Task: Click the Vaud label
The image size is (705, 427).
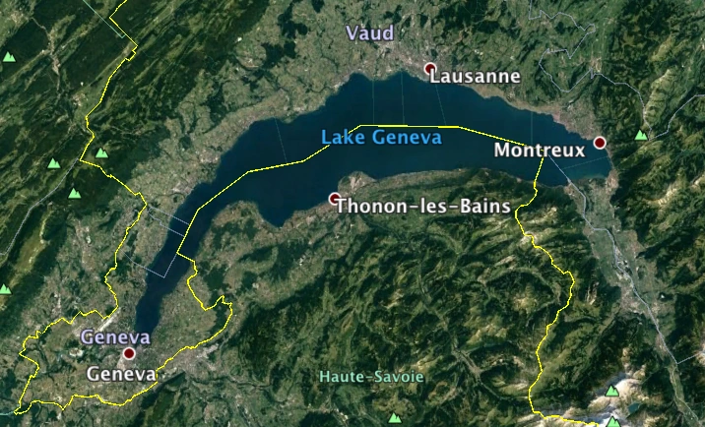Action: tap(370, 33)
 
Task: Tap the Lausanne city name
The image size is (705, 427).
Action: tap(476, 76)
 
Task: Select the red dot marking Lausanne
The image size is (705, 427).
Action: tap(429, 69)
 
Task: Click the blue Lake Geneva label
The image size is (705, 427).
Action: tap(381, 138)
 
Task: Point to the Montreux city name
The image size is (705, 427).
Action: tap(539, 151)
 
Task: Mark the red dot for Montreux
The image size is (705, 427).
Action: tap(599, 143)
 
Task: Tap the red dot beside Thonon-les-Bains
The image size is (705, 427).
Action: tap(335, 199)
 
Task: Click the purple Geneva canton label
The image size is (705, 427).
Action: tap(115, 336)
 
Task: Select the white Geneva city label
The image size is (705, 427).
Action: tap(121, 375)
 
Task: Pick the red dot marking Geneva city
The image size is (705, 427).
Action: tap(128, 352)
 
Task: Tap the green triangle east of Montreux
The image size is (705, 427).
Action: tap(641, 135)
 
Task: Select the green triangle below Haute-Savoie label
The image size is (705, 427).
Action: tap(395, 417)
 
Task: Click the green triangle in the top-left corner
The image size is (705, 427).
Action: tap(9, 57)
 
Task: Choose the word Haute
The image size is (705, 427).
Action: tap(340, 377)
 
